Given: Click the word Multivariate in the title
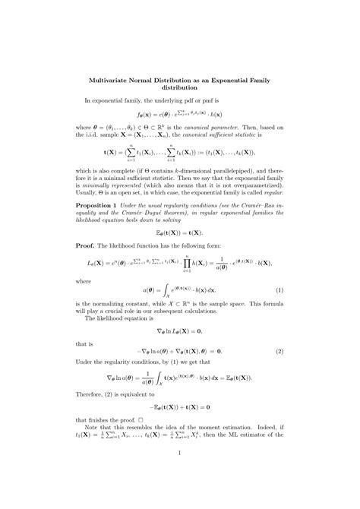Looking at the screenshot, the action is coord(112,80).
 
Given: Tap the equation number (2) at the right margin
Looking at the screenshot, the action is coord(279,351).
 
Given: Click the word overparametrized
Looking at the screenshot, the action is coord(243,185).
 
